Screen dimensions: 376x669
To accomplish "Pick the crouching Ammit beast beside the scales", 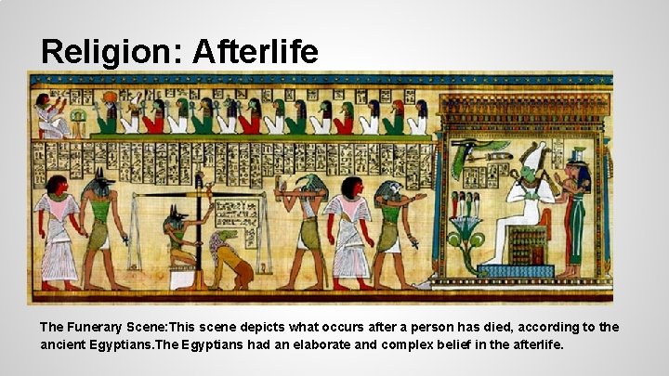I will tap(226, 260).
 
